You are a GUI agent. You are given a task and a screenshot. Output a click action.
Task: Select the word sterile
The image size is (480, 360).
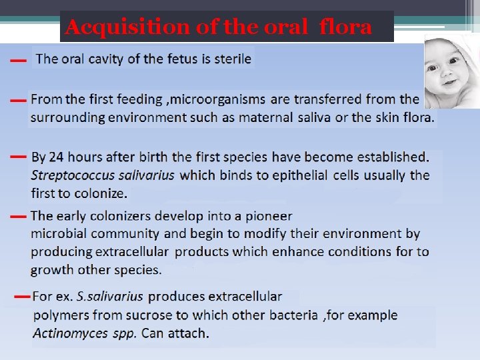point(231,59)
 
